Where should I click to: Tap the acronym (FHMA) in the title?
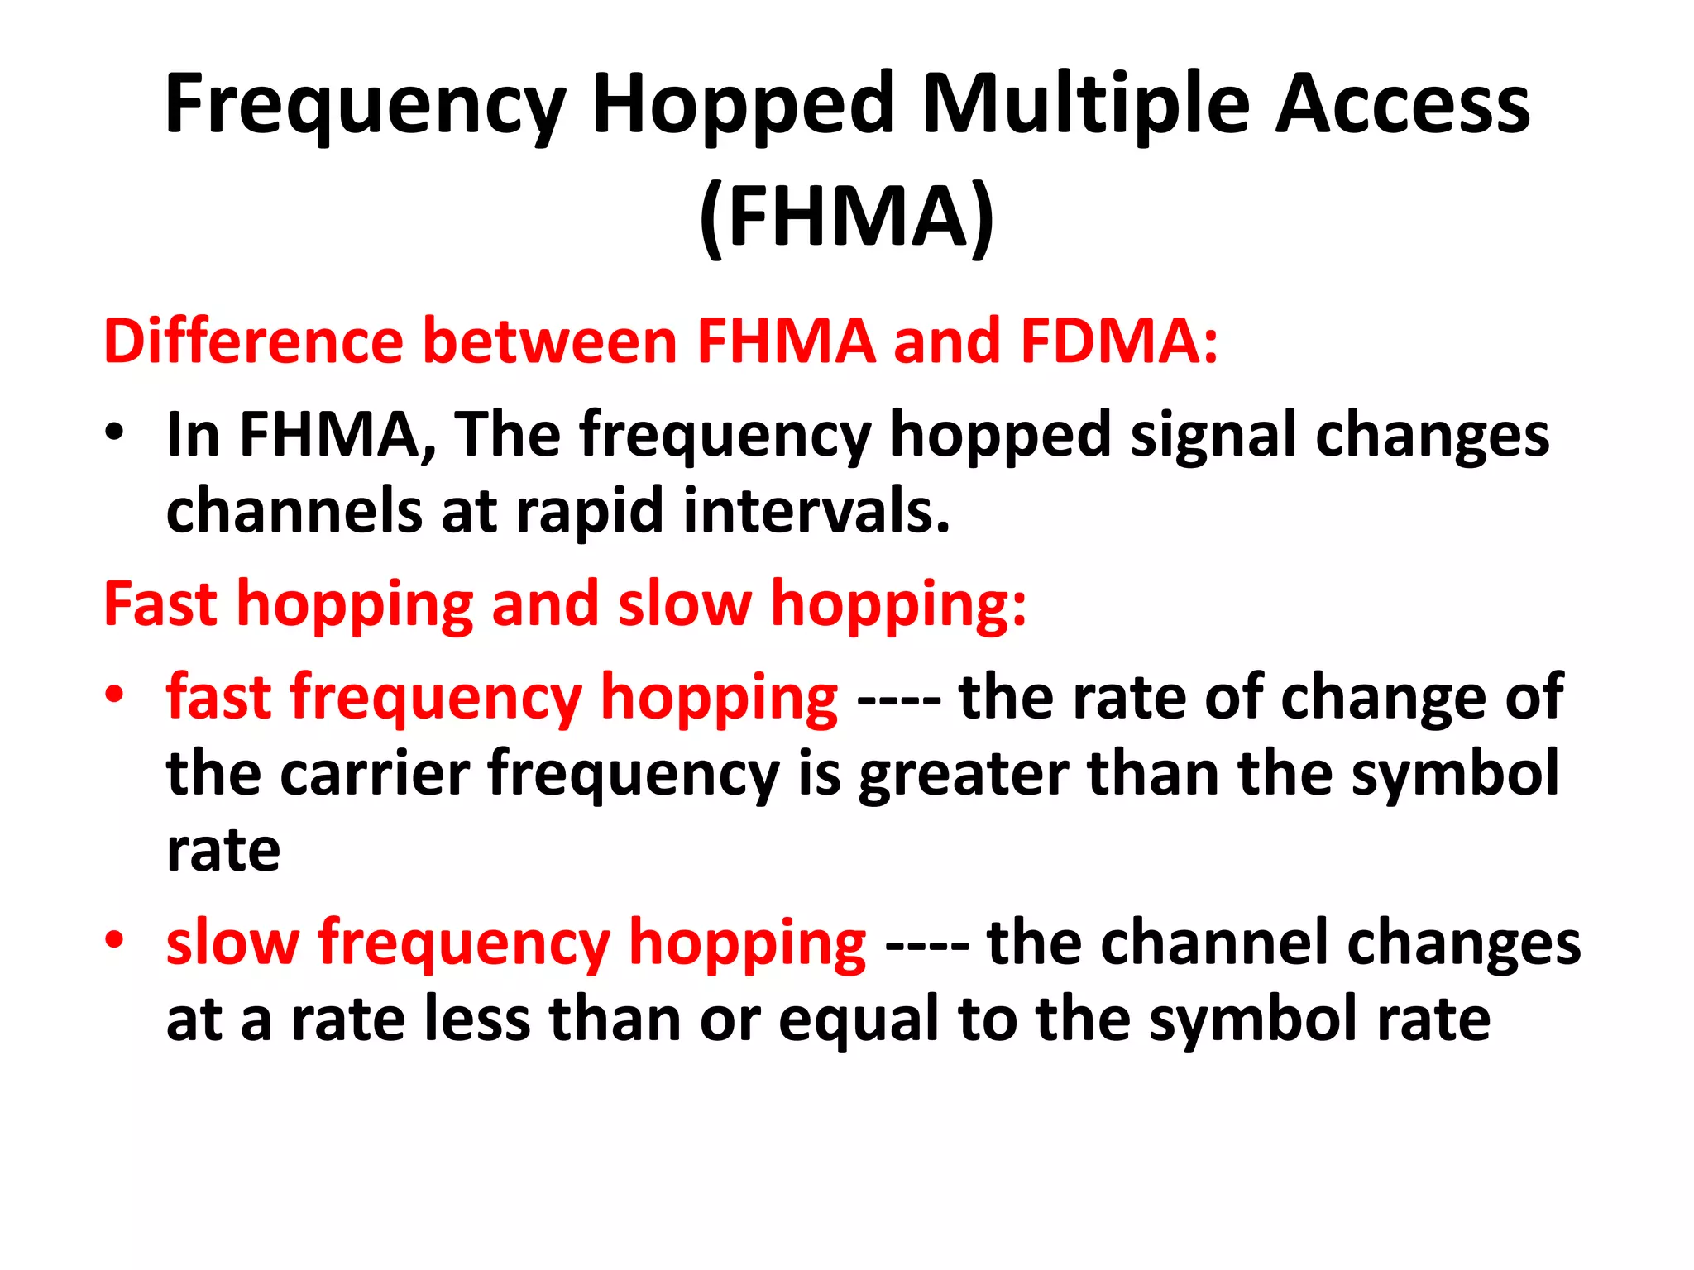click(846, 217)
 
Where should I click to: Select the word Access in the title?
click(1403, 105)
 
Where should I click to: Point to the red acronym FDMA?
click(1119, 341)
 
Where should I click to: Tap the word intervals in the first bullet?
click(816, 511)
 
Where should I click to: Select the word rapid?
click(590, 511)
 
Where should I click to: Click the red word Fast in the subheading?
click(160, 604)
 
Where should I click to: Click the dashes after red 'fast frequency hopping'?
click(898, 699)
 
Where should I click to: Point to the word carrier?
click(376, 774)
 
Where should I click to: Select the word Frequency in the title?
click(365, 105)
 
